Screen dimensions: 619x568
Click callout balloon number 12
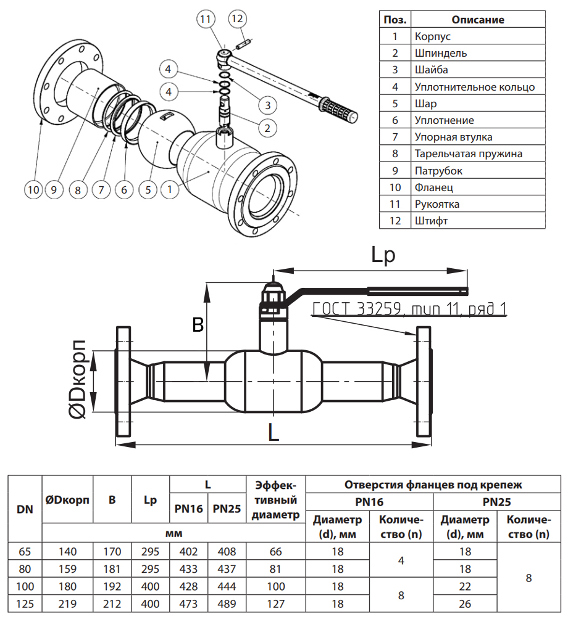(x=238, y=18)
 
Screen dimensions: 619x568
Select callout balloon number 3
(x=267, y=105)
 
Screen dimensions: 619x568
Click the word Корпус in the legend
(x=433, y=36)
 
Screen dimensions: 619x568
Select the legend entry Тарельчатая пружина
(x=469, y=154)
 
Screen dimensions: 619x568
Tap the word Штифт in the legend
(x=431, y=220)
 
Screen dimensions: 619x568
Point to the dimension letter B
(x=198, y=325)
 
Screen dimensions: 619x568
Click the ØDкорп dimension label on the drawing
(x=79, y=380)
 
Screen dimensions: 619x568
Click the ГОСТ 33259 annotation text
(x=409, y=309)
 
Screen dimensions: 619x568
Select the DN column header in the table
(x=25, y=509)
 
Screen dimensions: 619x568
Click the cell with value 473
(x=188, y=604)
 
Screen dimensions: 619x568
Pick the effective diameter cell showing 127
(x=275, y=604)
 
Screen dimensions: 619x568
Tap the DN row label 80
(x=25, y=569)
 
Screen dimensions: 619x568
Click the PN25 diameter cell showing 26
(x=465, y=604)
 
